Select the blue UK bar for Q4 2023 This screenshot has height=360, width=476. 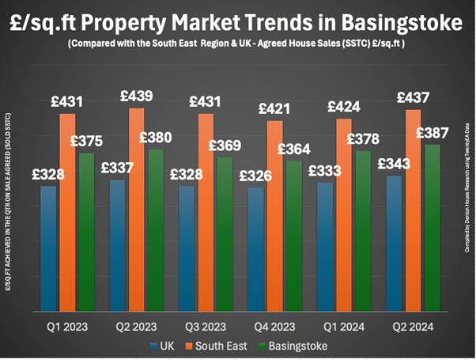256,253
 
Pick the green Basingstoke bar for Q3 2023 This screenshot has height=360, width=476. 225,237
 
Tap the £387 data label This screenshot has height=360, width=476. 432,132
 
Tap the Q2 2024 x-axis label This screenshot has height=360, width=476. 414,325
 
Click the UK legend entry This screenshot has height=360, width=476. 161,345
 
